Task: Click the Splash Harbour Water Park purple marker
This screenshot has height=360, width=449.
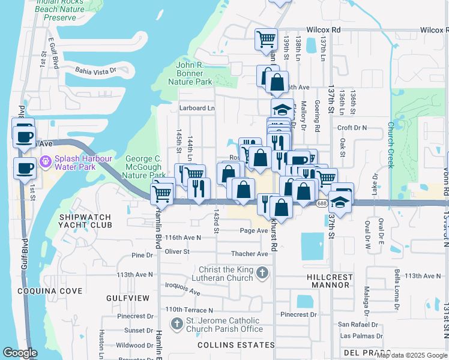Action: click(44, 162)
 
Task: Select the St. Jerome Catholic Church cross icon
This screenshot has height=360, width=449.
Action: click(176, 325)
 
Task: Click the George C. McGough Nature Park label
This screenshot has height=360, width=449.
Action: click(143, 167)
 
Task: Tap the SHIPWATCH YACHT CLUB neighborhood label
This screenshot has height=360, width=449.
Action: click(85, 221)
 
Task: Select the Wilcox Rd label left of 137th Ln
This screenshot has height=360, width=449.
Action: click(324, 29)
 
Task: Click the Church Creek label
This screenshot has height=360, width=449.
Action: click(390, 144)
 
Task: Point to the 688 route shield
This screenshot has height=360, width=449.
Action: click(322, 204)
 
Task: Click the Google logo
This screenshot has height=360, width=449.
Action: click(20, 353)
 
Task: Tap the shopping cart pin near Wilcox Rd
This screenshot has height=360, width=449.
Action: click(266, 40)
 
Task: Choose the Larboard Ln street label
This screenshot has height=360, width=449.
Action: click(197, 108)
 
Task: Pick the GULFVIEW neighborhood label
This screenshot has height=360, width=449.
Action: click(128, 298)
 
